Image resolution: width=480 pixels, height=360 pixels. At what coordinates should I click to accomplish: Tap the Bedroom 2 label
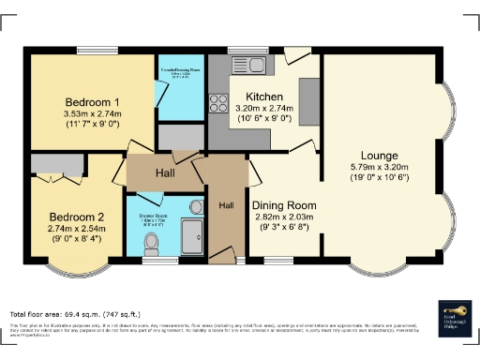(x=75, y=216)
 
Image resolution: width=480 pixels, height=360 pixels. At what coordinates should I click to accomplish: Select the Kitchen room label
(x=265, y=97)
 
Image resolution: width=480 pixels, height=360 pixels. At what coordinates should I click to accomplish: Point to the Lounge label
(x=380, y=155)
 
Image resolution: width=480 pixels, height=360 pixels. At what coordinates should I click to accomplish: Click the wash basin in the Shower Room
(x=197, y=208)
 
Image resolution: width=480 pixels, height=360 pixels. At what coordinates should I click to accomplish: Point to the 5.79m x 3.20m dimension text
(x=380, y=167)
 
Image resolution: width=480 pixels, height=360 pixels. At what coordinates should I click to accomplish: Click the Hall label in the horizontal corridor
(x=164, y=172)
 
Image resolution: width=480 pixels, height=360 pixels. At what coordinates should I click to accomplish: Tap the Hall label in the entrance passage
(x=226, y=205)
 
